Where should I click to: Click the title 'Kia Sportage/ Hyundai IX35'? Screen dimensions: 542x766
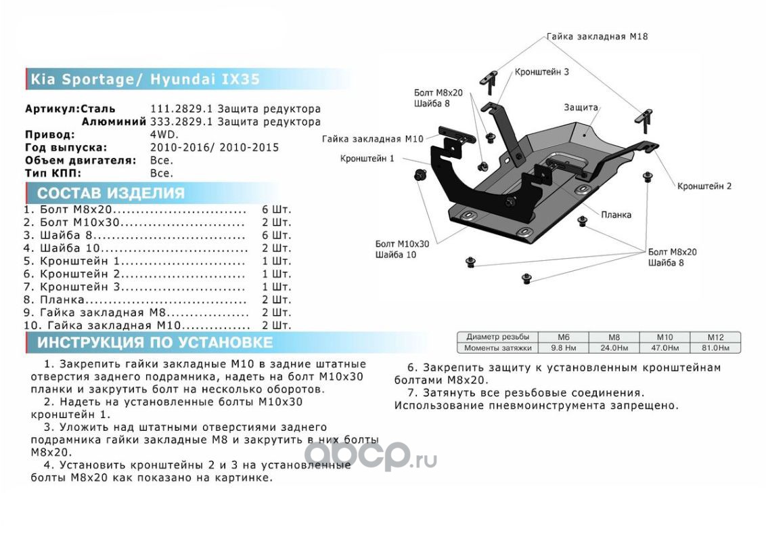(143, 79)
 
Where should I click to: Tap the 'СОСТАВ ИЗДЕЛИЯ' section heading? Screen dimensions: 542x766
(111, 193)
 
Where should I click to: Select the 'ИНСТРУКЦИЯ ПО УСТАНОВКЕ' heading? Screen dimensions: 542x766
(154, 342)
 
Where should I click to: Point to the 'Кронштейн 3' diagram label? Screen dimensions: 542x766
(541, 71)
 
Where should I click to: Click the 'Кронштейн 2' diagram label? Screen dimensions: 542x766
(704, 186)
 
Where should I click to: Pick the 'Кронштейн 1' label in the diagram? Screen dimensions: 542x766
(367, 159)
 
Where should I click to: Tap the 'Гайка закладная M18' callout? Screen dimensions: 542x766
(597, 37)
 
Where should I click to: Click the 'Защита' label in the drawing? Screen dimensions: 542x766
(581, 107)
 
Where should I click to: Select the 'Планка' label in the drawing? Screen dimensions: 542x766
(616, 215)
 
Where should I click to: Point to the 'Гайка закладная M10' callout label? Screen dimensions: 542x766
(372, 139)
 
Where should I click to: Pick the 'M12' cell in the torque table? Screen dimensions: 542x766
(715, 337)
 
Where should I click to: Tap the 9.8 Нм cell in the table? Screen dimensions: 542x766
(564, 348)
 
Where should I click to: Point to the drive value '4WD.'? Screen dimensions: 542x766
(161, 135)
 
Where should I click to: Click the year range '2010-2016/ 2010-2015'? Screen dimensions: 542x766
(214, 148)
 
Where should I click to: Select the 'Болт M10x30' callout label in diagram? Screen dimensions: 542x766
(402, 243)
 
